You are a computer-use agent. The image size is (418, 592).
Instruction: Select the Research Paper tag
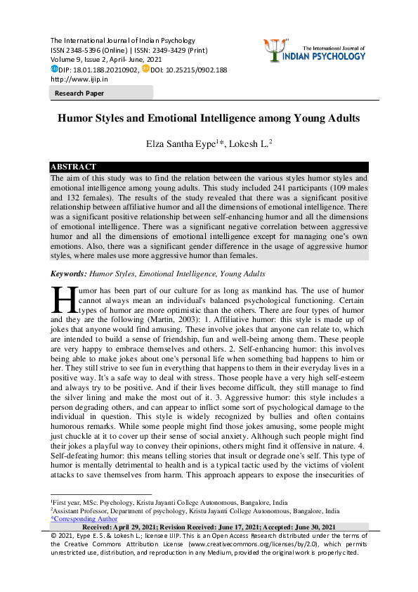click(x=76, y=93)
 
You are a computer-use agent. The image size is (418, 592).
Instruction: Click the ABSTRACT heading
click(x=73, y=167)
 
